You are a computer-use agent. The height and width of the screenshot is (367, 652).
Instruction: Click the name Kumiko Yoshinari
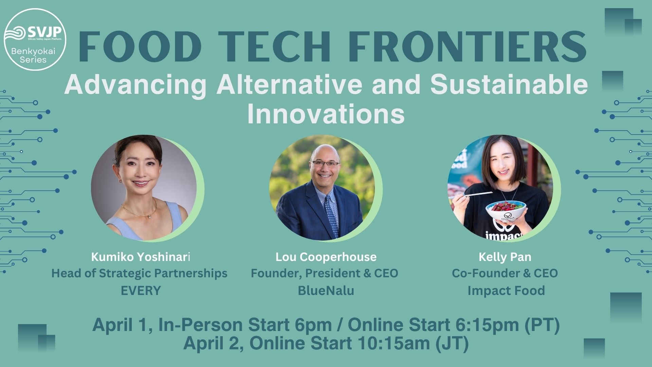click(141, 257)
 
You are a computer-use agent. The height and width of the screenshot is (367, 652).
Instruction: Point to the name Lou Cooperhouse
click(326, 257)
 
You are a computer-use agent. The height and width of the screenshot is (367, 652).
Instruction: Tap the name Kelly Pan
click(505, 257)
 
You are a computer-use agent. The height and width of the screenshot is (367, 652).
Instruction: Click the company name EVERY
click(141, 291)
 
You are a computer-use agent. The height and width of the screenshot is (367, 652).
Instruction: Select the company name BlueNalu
click(326, 291)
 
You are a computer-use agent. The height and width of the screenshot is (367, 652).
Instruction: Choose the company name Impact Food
click(506, 291)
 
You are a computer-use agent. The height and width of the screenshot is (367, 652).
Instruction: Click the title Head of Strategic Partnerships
click(139, 274)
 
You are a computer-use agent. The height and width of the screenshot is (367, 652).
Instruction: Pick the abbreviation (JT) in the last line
click(452, 343)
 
